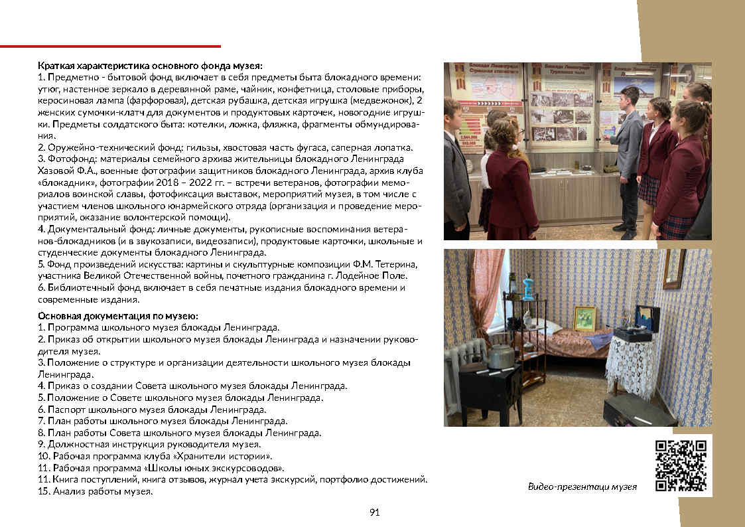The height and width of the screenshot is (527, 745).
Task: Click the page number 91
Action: (x=374, y=512)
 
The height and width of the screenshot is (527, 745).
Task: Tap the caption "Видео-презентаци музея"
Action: (x=582, y=487)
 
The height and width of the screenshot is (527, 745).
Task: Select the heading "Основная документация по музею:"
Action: (x=118, y=315)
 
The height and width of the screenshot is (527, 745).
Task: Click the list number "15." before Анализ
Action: (x=44, y=491)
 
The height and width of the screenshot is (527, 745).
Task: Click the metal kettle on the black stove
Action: (x=499, y=357)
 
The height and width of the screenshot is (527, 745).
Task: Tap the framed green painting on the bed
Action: (x=584, y=319)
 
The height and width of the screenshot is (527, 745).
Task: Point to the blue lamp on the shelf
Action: (x=528, y=287)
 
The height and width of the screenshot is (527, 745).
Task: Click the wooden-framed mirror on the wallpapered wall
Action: (x=674, y=269)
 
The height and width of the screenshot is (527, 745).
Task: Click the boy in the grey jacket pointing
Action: (x=626, y=153)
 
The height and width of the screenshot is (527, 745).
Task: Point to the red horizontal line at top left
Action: (x=110, y=46)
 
